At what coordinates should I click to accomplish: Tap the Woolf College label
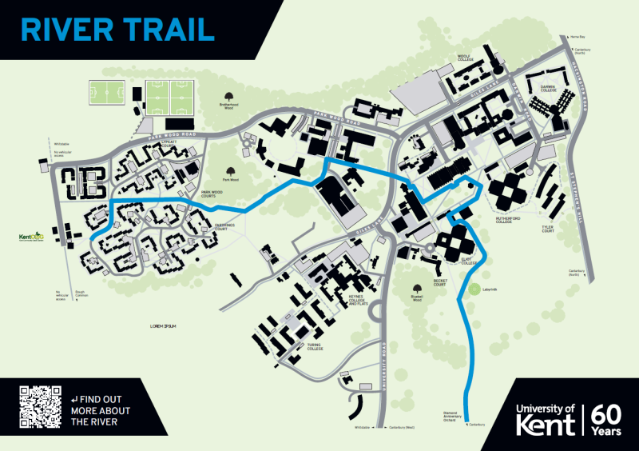tap(466, 58)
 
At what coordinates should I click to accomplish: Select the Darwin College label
tap(547, 88)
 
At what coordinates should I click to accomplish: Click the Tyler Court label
tap(548, 229)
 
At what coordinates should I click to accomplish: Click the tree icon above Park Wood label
tap(230, 170)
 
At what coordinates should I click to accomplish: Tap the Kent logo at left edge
tap(30, 237)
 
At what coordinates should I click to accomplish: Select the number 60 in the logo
tap(609, 414)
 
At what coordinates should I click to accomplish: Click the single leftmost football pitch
tap(105, 93)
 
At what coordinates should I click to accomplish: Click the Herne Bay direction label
tap(577, 38)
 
